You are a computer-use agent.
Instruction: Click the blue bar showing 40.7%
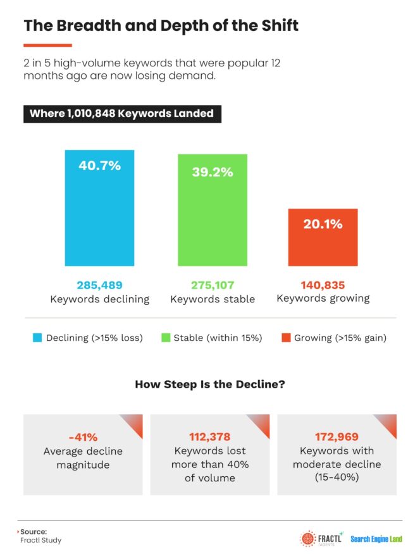(x=99, y=207)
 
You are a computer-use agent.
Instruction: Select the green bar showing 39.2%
(x=213, y=210)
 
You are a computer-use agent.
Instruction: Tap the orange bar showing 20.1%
(x=323, y=237)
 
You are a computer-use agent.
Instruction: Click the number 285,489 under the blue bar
(x=99, y=285)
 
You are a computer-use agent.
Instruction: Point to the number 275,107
(x=213, y=285)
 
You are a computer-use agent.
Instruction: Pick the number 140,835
(x=323, y=285)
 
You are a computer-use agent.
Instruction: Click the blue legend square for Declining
(x=37, y=338)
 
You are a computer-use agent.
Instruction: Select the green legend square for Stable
(x=166, y=338)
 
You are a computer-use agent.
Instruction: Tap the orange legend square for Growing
(x=286, y=338)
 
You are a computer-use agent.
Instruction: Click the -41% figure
(x=83, y=438)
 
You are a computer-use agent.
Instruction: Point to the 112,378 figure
(x=210, y=437)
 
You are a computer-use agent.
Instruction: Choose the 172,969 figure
(x=337, y=437)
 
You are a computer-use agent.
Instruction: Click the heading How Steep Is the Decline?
(x=210, y=384)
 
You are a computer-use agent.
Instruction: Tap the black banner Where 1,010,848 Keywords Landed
(x=122, y=114)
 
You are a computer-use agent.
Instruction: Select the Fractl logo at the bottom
(x=321, y=539)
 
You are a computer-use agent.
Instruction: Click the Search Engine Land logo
(x=376, y=539)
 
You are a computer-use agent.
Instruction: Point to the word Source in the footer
(x=33, y=532)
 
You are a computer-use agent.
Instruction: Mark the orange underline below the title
(x=47, y=46)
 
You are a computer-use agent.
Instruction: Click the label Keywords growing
(x=323, y=299)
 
